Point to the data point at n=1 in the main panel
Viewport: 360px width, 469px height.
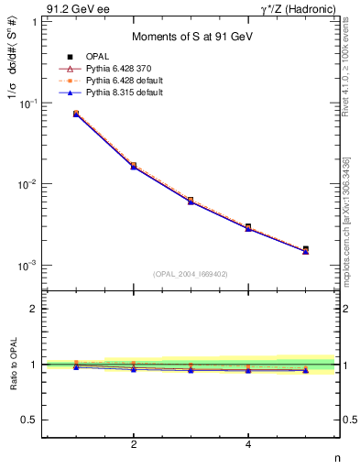click(76, 114)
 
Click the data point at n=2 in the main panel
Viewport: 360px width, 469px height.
click(134, 166)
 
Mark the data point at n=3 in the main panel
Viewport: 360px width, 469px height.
click(191, 200)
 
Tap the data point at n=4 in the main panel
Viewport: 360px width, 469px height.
click(248, 226)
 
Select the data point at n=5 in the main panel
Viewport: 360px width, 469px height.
click(305, 248)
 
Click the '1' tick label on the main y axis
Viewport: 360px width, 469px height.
click(35, 22)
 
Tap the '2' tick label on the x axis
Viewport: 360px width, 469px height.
click(134, 445)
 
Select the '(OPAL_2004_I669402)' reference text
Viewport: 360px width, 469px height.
click(191, 272)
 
